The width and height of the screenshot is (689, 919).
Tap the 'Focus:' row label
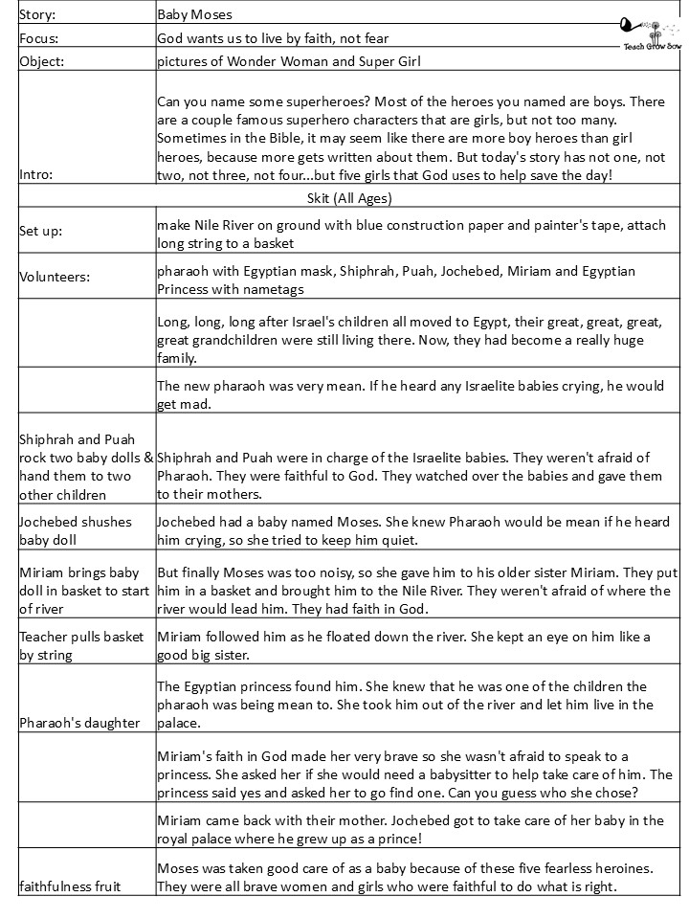click(37, 38)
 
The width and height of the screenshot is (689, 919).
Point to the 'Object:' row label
click(40, 62)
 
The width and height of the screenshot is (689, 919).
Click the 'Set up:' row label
click(40, 232)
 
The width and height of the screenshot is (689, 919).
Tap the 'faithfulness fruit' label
click(69, 885)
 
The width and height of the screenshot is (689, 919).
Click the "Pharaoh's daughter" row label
click(79, 723)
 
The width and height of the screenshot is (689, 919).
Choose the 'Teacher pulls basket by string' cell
click(81, 645)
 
